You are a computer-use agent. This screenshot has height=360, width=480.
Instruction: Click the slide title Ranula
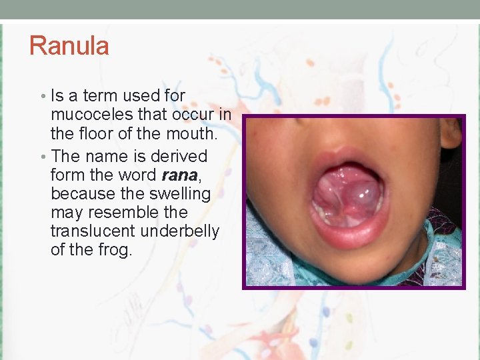click(69, 46)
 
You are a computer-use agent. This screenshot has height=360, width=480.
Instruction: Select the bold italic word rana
click(179, 175)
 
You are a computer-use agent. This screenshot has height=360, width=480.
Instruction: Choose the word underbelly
click(180, 231)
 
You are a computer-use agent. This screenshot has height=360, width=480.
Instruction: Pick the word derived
click(179, 157)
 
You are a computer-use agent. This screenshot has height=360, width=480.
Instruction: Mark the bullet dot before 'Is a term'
click(41, 97)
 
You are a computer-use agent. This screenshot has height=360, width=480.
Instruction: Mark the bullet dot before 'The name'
click(41, 157)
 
